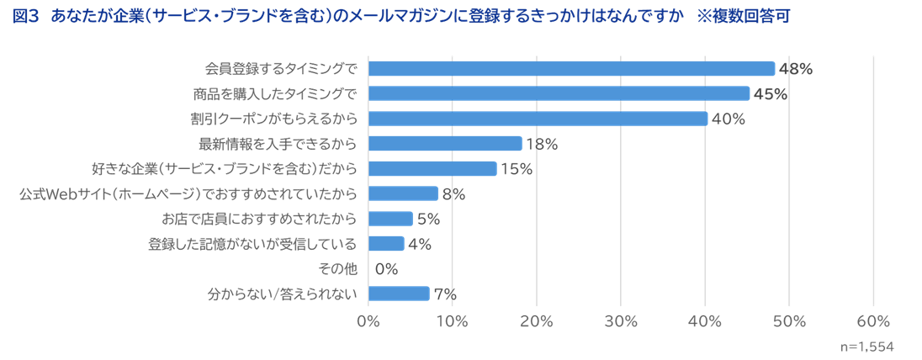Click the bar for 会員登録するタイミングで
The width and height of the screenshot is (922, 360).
coord(571,69)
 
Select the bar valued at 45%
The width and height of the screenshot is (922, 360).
coord(559,93)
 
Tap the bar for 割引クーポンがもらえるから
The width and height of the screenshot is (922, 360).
coord(538,119)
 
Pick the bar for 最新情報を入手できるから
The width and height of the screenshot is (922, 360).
coord(445,144)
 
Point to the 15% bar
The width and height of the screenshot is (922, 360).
coord(432,168)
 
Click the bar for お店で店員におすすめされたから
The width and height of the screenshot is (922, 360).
coord(390,219)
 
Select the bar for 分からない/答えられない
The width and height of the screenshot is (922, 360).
coord(399,294)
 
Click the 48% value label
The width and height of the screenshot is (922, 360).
coord(796,69)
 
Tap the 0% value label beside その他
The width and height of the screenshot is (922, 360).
coord(386,269)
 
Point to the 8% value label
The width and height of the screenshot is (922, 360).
coord(454,194)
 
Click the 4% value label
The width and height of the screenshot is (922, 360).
coord(420,244)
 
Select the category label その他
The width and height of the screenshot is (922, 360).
coord(338,269)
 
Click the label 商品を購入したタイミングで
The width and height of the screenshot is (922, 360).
coord(275,93)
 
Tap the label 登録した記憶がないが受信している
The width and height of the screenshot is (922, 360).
coord(252,244)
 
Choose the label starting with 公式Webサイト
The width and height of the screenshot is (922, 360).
coord(188,194)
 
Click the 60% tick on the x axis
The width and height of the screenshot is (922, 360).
coord(873,320)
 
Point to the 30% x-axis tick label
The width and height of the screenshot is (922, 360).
coord(621,320)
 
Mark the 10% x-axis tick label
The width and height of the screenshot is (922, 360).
coord(453,320)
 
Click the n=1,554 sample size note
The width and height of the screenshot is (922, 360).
coord(867,347)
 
